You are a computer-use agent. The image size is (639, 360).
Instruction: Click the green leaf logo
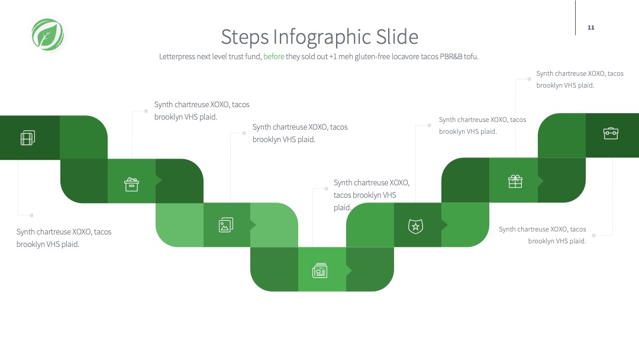click(48, 35)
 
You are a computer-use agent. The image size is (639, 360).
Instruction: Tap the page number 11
click(591, 27)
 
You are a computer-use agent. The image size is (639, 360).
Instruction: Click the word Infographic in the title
click(322, 37)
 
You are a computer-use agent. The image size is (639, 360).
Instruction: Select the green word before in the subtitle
click(274, 56)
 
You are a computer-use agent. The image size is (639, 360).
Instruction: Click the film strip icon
click(28, 138)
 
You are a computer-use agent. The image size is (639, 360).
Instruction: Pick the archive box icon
click(131, 184)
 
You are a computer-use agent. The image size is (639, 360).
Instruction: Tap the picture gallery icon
click(226, 224)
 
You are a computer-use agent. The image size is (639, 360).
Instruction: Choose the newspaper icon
click(320, 271)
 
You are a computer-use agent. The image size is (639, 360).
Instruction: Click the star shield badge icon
click(416, 226)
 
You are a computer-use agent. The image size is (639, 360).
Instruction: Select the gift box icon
click(515, 181)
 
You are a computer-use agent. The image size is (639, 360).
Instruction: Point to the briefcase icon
click(611, 133)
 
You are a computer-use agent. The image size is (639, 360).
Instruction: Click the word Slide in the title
click(397, 37)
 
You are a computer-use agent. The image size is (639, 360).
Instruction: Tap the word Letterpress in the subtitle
click(177, 57)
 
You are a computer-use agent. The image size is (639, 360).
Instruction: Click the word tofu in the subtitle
click(471, 56)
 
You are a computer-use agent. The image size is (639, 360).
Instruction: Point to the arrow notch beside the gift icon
click(540, 181)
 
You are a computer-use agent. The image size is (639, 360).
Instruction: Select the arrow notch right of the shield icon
click(444, 224)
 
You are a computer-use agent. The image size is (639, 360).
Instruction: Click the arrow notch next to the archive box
click(159, 181)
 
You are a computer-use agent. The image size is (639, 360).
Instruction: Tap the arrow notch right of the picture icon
click(253, 224)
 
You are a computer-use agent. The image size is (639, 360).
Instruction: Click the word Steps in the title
click(245, 37)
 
